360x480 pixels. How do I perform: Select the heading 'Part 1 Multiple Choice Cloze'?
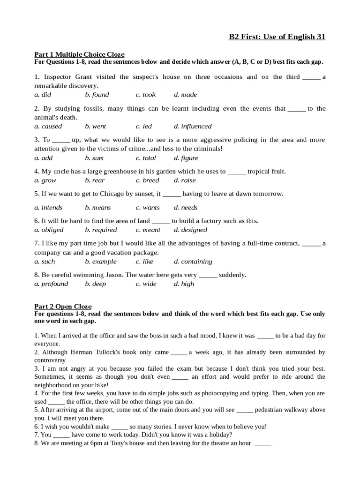point(79,54)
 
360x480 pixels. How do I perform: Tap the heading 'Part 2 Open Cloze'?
point(63,307)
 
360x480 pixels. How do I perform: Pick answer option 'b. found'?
point(97,95)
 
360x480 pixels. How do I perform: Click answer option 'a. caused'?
point(48,126)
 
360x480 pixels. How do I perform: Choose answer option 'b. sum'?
point(94,158)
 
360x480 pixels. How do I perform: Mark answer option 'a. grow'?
point(45,180)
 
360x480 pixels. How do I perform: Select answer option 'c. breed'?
point(147,180)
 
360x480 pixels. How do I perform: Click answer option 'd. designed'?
point(190,230)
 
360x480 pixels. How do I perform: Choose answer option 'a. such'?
point(45,262)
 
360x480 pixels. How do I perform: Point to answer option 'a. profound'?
point(51,284)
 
